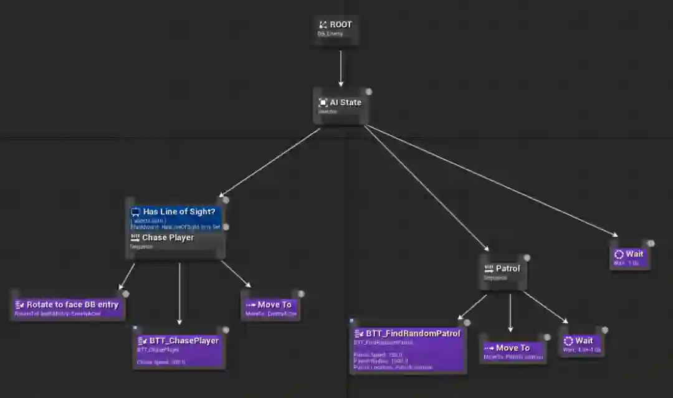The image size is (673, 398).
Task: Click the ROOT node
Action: click(336, 28)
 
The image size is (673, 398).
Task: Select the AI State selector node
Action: click(340, 105)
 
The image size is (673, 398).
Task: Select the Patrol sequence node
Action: click(503, 272)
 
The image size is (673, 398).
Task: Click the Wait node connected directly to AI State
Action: click(629, 256)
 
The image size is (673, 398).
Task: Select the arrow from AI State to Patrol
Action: click(427, 187)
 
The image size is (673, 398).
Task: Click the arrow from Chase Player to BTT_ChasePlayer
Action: click(179, 293)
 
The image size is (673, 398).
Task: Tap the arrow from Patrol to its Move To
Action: click(510, 311)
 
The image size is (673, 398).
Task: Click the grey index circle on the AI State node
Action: click(368, 92)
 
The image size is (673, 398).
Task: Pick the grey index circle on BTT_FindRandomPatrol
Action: click(467, 323)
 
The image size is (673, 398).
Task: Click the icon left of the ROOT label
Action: click(323, 25)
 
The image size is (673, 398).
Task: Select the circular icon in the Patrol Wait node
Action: click(568, 341)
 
